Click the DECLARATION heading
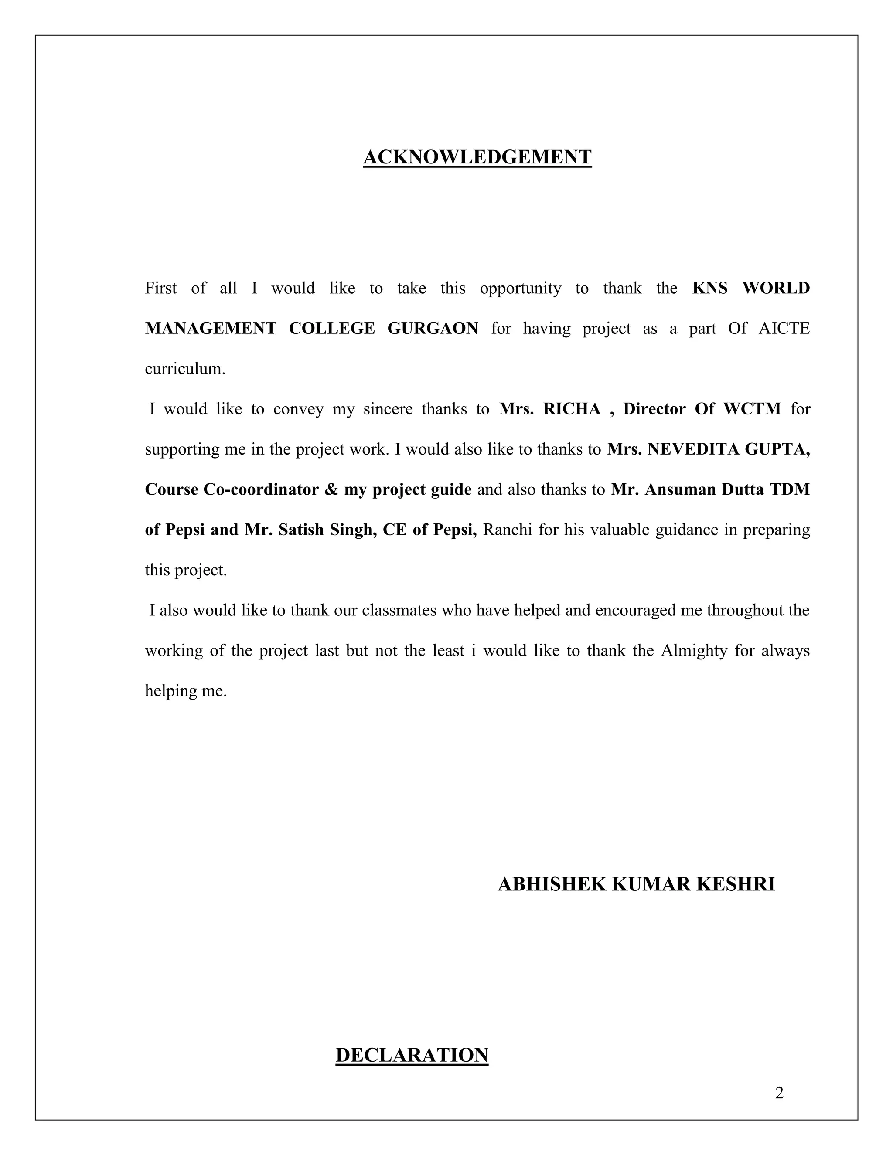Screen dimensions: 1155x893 pos(412,1055)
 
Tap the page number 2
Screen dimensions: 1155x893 pos(779,1093)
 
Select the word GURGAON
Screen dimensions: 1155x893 pos(433,329)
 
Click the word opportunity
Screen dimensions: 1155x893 pos(520,288)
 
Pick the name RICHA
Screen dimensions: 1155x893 pos(572,409)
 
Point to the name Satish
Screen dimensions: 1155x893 pos(300,530)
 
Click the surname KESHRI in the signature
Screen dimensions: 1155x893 pos(735,884)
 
